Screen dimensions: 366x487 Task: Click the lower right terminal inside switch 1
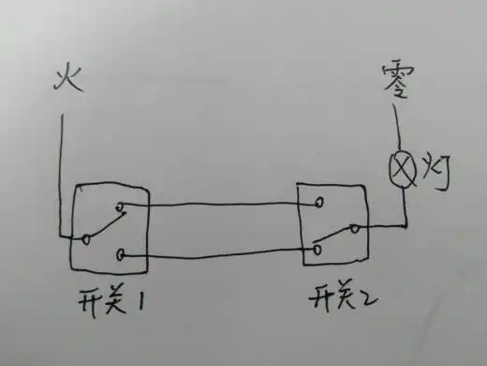click(122, 253)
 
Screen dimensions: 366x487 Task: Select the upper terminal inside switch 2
click(321, 201)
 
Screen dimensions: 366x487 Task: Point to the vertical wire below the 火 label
click(61, 169)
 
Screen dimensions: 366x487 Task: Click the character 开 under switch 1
click(93, 303)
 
